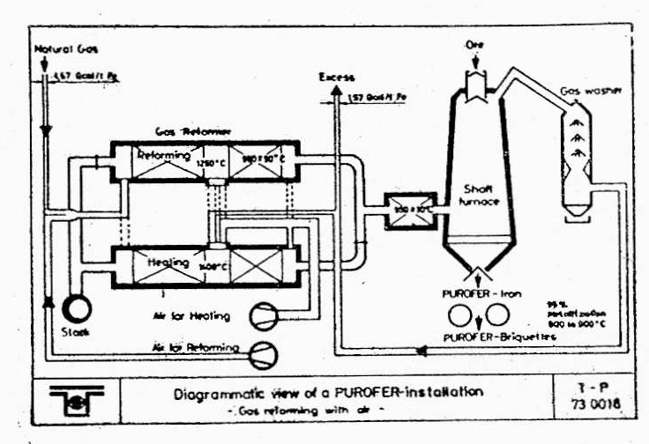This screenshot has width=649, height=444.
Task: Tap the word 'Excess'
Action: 337,78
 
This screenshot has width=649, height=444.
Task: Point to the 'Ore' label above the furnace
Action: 474,44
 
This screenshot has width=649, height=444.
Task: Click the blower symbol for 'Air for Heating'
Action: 263,315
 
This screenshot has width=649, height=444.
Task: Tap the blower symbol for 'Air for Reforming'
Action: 263,351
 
